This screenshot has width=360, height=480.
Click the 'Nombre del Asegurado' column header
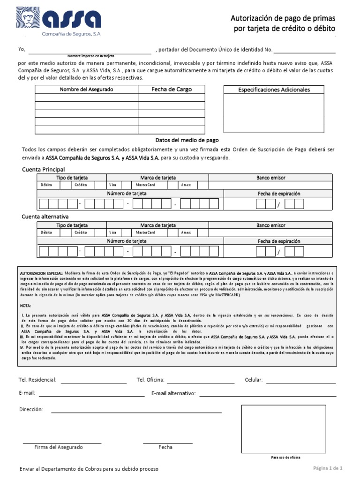(x=86, y=90)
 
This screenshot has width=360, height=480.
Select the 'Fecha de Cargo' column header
(x=171, y=90)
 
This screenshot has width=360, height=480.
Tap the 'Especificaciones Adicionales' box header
(x=274, y=90)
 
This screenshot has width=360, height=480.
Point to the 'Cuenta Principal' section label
(x=44, y=169)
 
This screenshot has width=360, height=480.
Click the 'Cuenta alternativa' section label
(x=45, y=217)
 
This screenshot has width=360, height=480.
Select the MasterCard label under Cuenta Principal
(x=145, y=185)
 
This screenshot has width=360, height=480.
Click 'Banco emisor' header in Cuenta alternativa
(x=270, y=225)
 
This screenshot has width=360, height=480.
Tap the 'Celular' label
(x=254, y=380)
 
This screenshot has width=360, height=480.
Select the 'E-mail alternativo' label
(x=173, y=393)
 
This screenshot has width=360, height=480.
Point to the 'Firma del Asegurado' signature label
(x=59, y=447)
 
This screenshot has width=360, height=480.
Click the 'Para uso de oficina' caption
(x=285, y=457)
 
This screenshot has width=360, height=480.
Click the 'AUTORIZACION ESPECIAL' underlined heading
(x=41, y=272)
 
